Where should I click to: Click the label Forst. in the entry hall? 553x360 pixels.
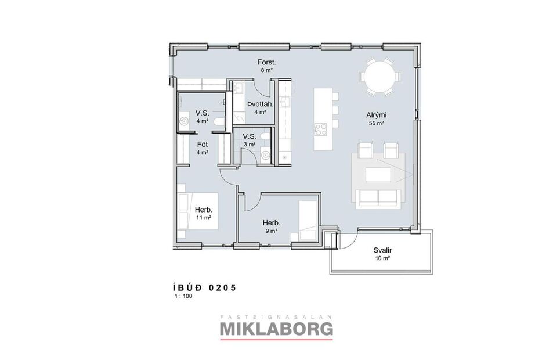tap(266, 62)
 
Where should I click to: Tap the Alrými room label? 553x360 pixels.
tap(377, 115)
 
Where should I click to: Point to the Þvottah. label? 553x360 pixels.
tap(256, 104)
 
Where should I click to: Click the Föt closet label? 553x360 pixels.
tap(202, 144)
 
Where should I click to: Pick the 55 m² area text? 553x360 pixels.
tap(377, 123)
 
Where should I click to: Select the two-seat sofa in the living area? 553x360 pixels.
tap(378, 197)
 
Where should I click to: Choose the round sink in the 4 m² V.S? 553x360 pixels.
tap(185, 121)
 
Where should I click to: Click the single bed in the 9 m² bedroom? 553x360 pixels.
tap(308, 219)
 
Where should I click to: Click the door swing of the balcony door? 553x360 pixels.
tap(344, 238)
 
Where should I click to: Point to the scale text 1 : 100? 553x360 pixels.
tap(183, 296)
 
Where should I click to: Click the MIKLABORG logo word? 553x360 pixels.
tap(276, 329)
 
